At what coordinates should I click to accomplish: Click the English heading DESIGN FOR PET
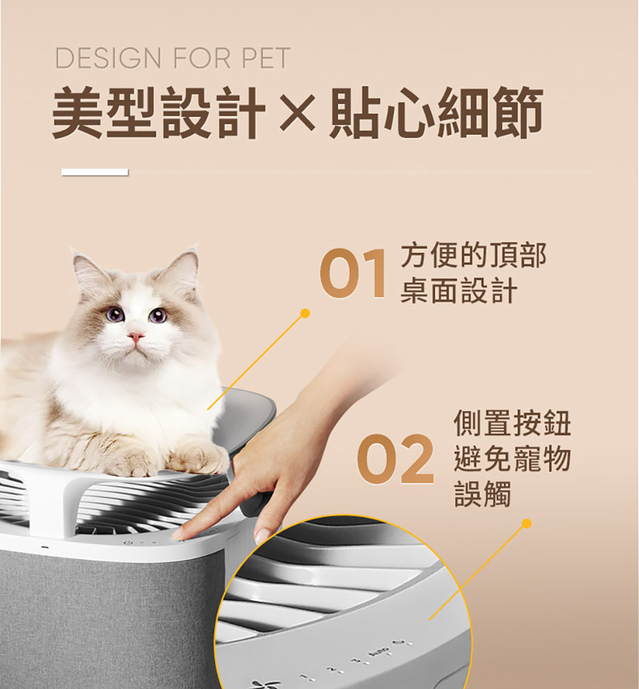[173, 58]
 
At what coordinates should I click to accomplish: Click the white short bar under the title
[95, 172]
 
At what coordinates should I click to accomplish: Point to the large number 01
[353, 273]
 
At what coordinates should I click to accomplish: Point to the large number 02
[395, 459]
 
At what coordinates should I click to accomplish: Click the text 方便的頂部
[473, 255]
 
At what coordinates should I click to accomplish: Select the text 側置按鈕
[512, 423]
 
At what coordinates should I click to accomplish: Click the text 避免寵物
[512, 458]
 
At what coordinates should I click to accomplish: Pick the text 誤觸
[482, 494]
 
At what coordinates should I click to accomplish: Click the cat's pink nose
[135, 337]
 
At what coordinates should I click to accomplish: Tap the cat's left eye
[115, 315]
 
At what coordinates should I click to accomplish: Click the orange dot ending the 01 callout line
[305, 314]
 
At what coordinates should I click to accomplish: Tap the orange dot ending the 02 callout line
[527, 524]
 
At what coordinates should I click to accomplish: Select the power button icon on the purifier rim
[128, 542]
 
